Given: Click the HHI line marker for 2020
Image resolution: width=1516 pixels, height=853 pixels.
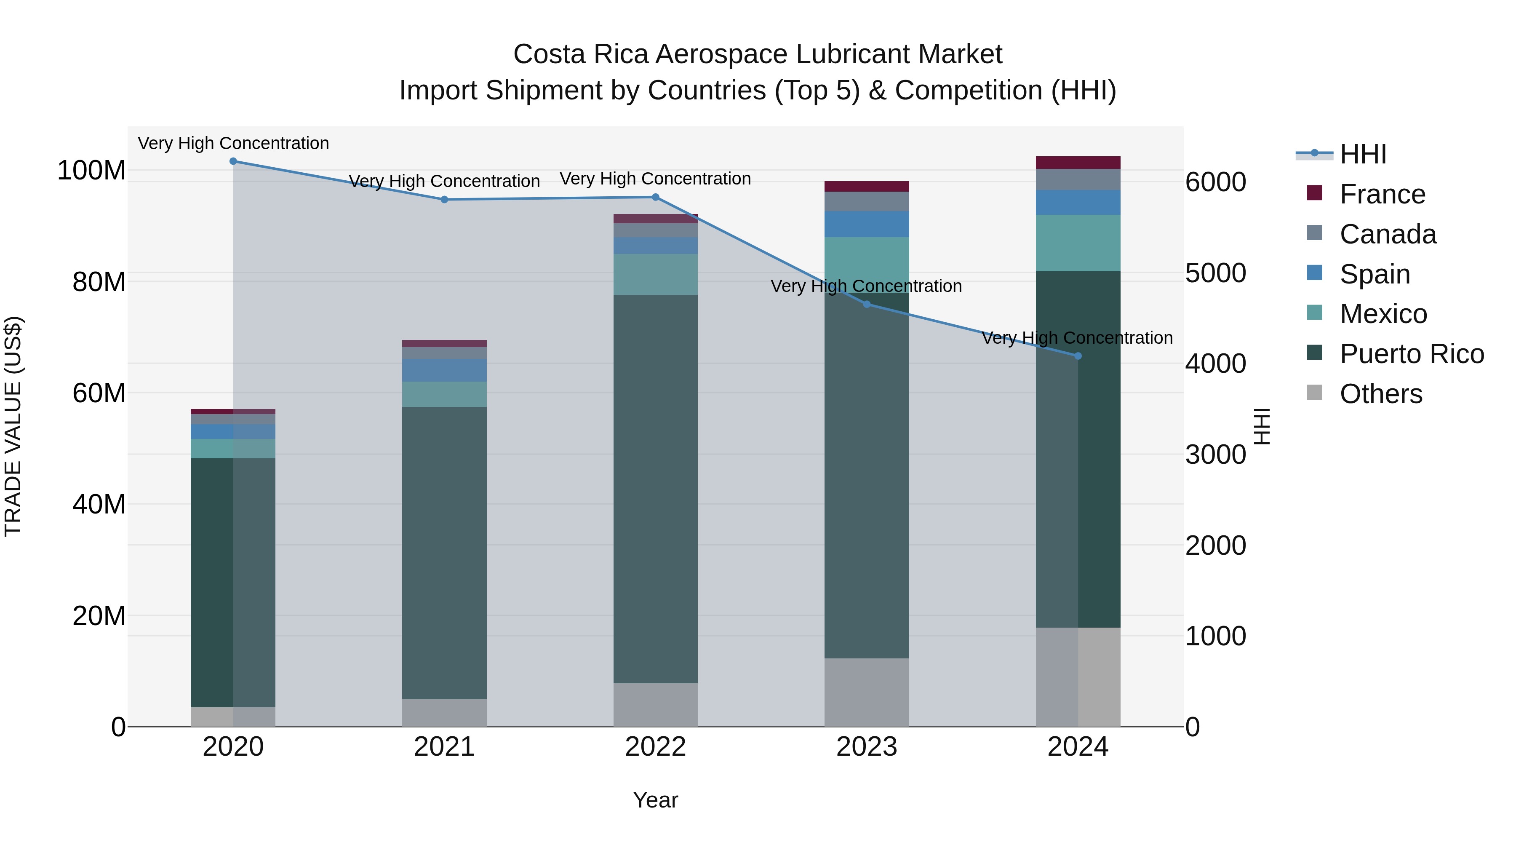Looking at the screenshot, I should click(233, 161).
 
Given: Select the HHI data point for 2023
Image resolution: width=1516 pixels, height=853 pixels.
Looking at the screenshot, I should click(866, 305).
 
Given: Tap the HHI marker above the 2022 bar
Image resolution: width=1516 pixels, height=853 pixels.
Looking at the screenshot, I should click(656, 197).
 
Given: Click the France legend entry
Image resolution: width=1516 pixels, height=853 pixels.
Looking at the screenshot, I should click(1382, 194).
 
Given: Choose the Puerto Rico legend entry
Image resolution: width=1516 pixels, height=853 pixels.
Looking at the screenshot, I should click(1411, 354).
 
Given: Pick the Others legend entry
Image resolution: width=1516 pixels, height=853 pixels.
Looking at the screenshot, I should click(1381, 394).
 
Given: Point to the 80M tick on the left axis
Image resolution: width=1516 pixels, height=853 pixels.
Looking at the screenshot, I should click(99, 282).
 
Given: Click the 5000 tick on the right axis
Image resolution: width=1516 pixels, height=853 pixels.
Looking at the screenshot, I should click(1215, 273).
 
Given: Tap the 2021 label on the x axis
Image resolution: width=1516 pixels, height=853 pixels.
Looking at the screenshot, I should click(444, 747).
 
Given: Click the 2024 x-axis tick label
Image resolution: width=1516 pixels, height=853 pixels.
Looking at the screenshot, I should click(1078, 747).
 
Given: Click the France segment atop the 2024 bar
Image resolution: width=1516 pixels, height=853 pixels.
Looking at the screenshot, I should click(1078, 163).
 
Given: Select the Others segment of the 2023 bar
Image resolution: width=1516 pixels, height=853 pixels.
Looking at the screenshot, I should click(866, 692).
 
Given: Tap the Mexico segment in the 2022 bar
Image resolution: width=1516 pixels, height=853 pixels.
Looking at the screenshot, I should click(656, 274).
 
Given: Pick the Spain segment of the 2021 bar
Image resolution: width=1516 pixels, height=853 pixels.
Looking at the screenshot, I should click(444, 370).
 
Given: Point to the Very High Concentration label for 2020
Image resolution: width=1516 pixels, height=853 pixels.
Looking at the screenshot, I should click(233, 143).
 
